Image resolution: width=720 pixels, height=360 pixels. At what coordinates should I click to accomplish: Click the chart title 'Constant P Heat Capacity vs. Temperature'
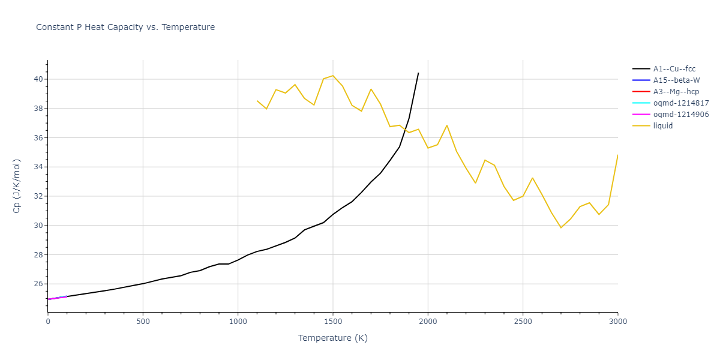pyautogui.click(x=125, y=27)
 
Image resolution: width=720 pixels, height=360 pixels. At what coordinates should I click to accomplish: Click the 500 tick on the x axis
pyautogui.click(x=143, y=321)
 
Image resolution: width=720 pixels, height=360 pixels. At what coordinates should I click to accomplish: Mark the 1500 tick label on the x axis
pyautogui.click(x=333, y=321)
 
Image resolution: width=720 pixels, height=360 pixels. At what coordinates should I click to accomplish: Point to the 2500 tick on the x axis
pyautogui.click(x=523, y=321)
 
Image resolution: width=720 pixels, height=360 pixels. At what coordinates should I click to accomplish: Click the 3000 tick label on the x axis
pyautogui.click(x=617, y=321)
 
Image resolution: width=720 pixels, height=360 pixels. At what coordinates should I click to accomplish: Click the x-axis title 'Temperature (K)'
pyautogui.click(x=333, y=338)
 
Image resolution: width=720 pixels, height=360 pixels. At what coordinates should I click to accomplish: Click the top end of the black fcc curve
pyautogui.click(x=418, y=73)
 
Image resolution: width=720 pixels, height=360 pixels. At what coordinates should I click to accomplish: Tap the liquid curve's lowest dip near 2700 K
pyautogui.click(x=561, y=227)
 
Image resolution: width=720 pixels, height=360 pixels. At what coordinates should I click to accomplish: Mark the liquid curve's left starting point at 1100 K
pyautogui.click(x=257, y=101)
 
